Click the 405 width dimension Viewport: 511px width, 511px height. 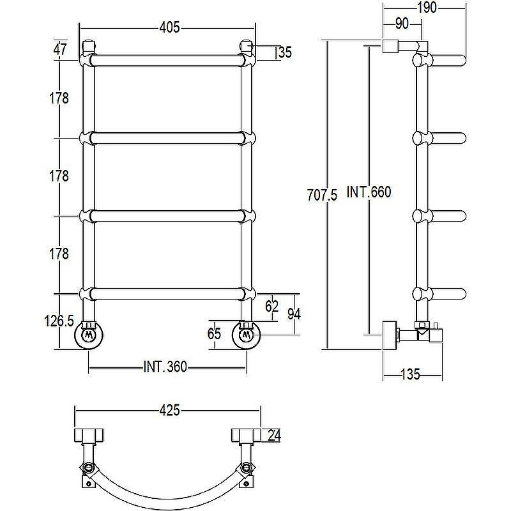[x=169, y=27]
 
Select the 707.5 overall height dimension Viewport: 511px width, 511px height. [x=323, y=195]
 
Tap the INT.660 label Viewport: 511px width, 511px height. [x=369, y=192]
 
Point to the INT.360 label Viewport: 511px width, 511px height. [x=165, y=367]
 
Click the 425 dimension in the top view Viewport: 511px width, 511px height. [x=169, y=410]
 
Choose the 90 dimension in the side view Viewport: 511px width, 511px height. [x=402, y=24]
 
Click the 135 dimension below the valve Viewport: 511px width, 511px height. [x=410, y=374]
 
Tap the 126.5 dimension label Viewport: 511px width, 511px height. [x=59, y=321]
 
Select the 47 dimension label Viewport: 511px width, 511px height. [x=60, y=49]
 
